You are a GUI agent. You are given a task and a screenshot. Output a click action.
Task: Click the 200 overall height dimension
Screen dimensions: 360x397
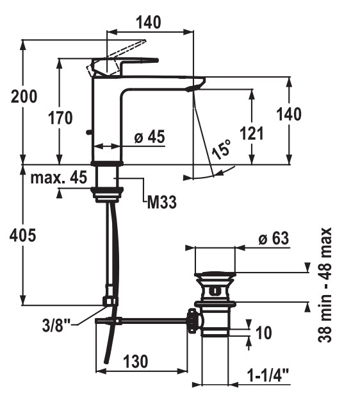click(x=24, y=96)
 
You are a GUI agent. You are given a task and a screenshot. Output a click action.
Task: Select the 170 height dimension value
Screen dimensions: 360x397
click(x=60, y=118)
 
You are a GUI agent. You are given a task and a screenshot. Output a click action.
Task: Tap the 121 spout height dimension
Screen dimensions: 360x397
click(x=251, y=133)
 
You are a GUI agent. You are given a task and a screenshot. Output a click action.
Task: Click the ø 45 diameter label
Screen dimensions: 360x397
click(x=150, y=137)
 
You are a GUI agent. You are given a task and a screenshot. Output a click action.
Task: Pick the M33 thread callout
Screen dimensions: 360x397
click(x=162, y=203)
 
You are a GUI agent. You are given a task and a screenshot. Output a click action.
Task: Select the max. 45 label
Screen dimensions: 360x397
click(x=59, y=177)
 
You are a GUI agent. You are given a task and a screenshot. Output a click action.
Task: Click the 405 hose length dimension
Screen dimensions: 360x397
click(x=23, y=235)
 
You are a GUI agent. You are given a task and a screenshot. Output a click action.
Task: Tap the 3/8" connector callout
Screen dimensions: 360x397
click(x=56, y=325)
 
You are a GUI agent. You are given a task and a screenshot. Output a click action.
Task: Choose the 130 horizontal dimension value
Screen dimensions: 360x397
click(x=136, y=361)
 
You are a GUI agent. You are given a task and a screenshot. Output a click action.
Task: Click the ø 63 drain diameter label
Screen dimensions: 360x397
click(x=274, y=238)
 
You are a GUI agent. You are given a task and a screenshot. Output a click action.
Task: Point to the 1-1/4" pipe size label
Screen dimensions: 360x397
click(x=268, y=375)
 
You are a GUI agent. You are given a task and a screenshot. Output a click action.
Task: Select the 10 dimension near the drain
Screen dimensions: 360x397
click(x=264, y=332)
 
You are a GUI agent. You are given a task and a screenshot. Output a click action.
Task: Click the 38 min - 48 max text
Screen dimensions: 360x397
click(x=324, y=285)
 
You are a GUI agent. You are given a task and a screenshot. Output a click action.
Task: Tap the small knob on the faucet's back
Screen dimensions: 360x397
click(x=88, y=132)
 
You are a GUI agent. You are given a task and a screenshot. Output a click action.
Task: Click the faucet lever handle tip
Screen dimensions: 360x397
click(x=156, y=60)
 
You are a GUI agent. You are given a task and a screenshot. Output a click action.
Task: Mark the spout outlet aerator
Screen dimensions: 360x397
click(x=193, y=89)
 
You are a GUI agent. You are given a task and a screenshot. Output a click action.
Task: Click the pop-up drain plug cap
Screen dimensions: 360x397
click(x=215, y=275)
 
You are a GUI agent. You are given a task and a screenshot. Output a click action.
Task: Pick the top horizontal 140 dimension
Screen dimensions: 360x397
click(x=148, y=22)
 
